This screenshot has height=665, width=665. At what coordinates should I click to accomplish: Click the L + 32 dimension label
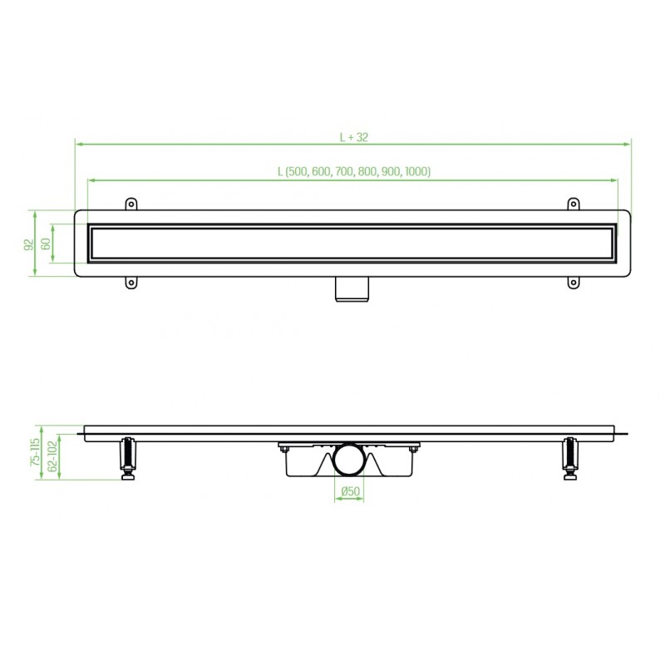(352, 137)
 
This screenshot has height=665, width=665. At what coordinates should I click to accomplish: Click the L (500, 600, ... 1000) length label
(352, 172)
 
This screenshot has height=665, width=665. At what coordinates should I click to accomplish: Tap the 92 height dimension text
(27, 244)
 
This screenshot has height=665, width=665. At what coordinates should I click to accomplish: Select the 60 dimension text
(47, 244)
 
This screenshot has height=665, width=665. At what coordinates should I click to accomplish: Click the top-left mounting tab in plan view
(131, 203)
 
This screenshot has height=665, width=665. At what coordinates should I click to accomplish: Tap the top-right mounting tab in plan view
(574, 203)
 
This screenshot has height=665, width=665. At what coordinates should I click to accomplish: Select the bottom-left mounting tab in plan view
(131, 283)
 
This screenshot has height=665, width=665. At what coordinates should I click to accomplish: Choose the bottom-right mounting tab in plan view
(574, 283)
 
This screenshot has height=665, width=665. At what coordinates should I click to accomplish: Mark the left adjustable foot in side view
(130, 458)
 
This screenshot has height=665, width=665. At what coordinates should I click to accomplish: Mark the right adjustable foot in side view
(572, 458)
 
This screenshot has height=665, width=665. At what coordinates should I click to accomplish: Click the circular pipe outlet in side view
(350, 459)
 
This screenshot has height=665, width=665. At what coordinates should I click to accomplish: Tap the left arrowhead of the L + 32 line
(78, 144)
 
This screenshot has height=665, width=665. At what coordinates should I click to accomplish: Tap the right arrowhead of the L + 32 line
(628, 144)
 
